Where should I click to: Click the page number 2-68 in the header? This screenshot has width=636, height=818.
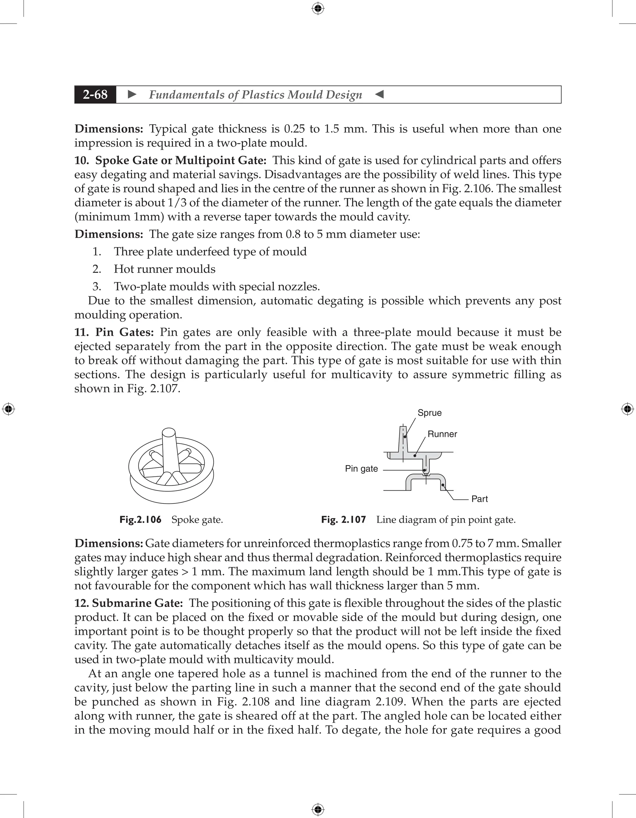pos(95,94)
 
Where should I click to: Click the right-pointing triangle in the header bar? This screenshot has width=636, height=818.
pos(132,94)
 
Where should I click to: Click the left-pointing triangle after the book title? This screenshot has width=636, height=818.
pos(379,94)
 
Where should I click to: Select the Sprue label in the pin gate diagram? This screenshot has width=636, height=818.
pos(429,413)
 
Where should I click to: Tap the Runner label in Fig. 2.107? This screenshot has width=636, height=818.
pos(442,434)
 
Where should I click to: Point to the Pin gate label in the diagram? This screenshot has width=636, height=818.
pos(361,469)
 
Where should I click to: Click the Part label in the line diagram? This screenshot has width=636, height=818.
pos(479,499)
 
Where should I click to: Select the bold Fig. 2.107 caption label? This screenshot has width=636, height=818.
pos(343,520)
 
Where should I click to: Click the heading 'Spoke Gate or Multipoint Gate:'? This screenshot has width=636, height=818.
pos(181,160)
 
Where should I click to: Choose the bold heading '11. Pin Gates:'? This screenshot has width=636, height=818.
pos(114,332)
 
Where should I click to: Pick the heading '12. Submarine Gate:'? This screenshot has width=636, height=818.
pos(129,603)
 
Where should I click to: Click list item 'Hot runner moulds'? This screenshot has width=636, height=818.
pos(165,269)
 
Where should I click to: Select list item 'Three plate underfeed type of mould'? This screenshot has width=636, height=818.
pos(210,251)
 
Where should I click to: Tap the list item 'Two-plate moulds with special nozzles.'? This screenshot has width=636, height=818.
pos(217,286)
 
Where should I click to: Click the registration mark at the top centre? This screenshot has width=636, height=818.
pos(318,8)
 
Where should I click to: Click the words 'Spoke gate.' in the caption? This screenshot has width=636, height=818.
pos(197,520)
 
